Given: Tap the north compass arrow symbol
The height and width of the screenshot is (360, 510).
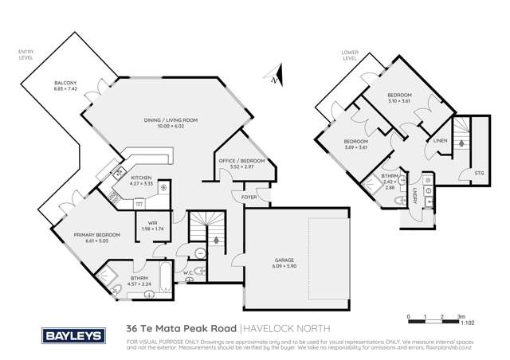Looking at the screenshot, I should tap(273, 78).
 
